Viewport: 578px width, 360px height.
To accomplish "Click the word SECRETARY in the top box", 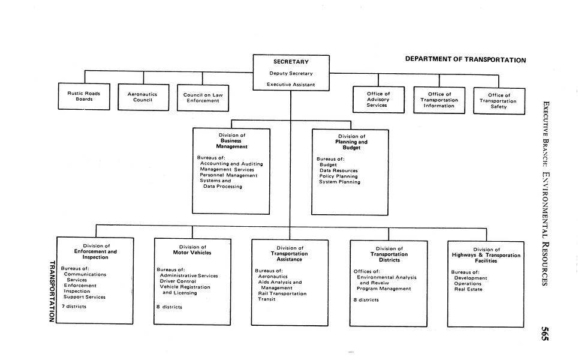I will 291,62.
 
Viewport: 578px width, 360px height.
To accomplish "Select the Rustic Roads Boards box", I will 84,96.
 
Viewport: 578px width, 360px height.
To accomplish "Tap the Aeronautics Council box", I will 143,97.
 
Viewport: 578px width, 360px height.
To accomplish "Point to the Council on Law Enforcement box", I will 202,97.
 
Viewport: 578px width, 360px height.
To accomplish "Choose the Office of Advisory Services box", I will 378,99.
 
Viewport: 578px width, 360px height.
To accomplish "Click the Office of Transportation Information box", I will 438,100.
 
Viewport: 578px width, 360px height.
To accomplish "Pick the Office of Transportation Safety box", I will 498,101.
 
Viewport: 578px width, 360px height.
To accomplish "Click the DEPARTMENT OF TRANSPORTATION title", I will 465,60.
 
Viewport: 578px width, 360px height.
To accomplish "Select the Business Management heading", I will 231,144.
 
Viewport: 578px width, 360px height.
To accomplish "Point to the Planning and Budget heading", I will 351,145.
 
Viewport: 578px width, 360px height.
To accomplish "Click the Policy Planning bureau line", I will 338,176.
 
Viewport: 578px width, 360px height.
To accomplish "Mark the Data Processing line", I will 222,187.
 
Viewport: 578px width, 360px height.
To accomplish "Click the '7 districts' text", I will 74,307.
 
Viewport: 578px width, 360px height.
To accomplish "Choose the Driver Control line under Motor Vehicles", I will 177,281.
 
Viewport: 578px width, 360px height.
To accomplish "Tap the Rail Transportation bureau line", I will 282,293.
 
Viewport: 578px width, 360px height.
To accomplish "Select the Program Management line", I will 384,289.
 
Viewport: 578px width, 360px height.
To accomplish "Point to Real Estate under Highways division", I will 468,289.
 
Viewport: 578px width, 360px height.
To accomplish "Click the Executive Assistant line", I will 291,85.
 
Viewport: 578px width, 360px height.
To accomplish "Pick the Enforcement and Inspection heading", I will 95,254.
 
